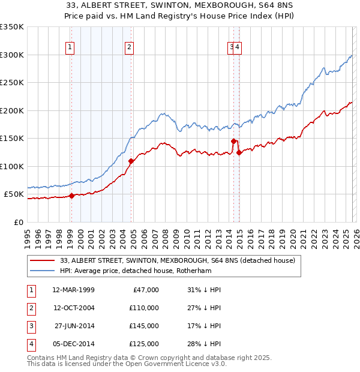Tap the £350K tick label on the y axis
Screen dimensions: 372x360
12,27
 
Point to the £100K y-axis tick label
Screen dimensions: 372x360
12,166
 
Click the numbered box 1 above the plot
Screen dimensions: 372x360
70,47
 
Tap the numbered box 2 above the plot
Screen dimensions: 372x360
129,47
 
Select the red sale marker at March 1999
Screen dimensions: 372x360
71,196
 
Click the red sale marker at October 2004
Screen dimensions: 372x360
131,161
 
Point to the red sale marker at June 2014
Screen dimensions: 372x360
233,141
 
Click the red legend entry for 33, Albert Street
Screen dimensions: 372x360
178,260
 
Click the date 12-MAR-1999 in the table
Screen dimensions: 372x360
73,290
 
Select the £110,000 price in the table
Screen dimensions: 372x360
144,308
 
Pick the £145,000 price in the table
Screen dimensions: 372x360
144,326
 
